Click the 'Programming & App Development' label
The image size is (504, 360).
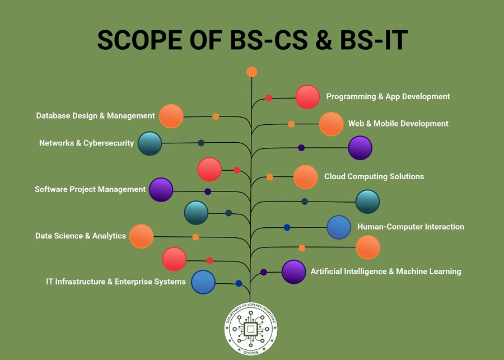388,96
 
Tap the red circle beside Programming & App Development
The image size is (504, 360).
307,97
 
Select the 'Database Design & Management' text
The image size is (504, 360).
95,116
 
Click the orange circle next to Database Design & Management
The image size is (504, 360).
171,116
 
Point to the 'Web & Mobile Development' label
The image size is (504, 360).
398,123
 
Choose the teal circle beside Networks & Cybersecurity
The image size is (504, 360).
150,143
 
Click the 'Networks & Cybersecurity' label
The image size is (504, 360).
86,143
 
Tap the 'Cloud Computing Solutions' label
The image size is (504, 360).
374,176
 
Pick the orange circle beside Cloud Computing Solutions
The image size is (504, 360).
306,177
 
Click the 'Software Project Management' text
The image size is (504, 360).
90,189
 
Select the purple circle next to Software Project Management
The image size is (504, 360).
161,190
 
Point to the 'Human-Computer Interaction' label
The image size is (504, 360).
410,227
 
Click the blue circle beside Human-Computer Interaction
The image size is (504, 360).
339,227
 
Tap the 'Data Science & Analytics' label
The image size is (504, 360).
81,236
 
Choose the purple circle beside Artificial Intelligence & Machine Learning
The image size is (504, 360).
293,272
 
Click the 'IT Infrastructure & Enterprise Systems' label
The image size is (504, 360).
115,282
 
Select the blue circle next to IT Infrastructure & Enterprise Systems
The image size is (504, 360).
203,282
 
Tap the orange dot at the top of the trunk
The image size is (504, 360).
251,72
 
